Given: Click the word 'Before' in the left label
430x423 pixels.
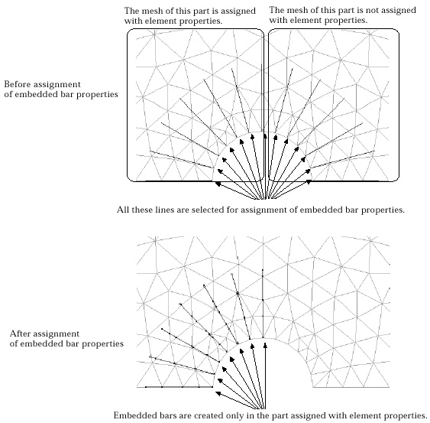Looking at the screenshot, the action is click(x=18, y=84).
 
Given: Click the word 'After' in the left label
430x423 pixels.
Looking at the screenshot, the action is click(x=20, y=334).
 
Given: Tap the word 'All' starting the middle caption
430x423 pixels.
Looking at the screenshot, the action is click(x=123, y=210).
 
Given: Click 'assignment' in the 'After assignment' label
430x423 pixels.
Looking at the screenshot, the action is click(x=57, y=334).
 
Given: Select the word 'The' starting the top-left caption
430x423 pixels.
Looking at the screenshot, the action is click(x=131, y=11).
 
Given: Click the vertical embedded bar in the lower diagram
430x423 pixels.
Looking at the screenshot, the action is click(x=263, y=304).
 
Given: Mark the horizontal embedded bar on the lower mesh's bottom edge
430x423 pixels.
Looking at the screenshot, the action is click(x=179, y=387).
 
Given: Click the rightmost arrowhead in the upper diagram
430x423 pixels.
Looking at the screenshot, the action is click(x=309, y=181).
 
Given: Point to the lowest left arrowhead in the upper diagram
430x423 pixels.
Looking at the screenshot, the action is click(x=218, y=184).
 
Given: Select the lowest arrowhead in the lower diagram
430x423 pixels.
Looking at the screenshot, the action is click(x=218, y=394).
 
